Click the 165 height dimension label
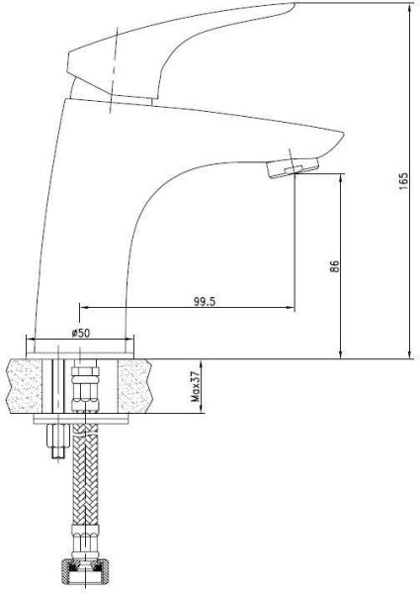coord(404,184)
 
